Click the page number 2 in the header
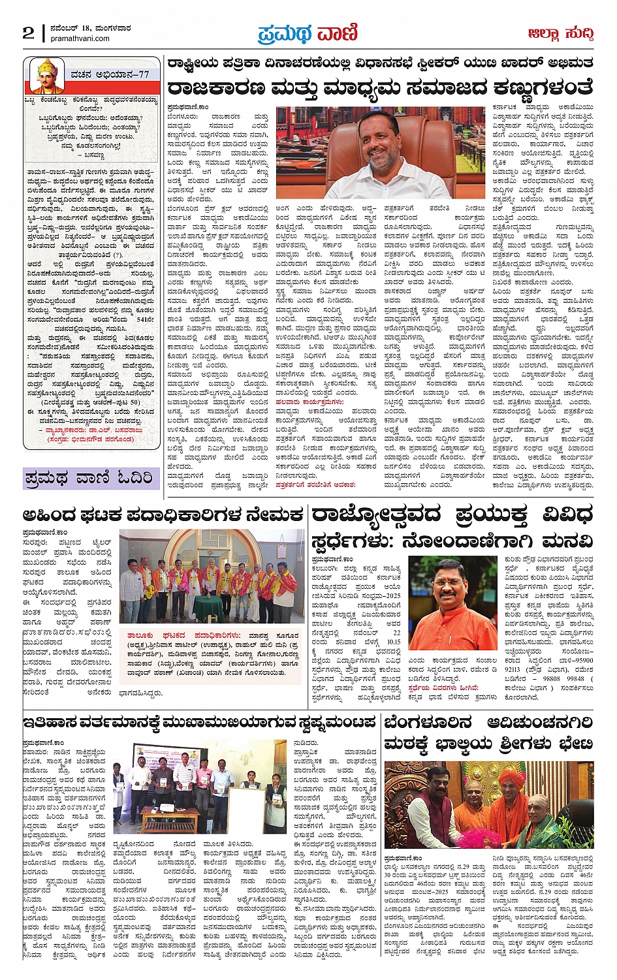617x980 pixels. point(28,33)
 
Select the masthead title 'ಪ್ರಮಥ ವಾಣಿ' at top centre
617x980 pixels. point(308,32)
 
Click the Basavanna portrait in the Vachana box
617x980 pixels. point(47,76)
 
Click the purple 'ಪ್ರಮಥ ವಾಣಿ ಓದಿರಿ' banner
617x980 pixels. point(90,478)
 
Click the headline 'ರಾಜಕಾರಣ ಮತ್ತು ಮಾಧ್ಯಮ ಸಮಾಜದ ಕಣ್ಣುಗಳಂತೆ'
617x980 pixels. point(380,87)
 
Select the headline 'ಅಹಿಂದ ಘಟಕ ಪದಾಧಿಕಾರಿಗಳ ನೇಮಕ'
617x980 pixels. point(163,515)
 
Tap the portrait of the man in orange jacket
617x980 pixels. point(451,594)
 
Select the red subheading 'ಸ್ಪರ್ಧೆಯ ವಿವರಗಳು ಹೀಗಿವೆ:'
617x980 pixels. point(443,688)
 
